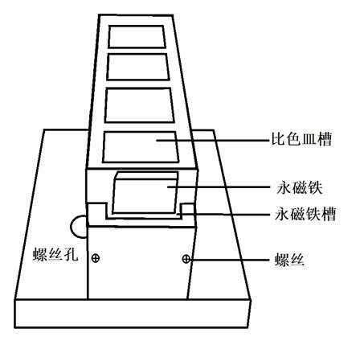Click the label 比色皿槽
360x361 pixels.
[x=302, y=139]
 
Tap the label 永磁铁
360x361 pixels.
[x=300, y=187]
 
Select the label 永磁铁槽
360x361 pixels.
[x=305, y=214]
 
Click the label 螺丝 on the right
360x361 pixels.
[x=290, y=260]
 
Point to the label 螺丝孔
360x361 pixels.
[x=55, y=254]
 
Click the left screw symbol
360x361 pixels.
[x=96, y=258]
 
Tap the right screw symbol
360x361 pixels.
[x=186, y=259]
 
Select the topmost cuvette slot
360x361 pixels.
[x=137, y=37]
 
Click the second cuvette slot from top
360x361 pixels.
[x=138, y=67]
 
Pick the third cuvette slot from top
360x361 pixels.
[x=139, y=105]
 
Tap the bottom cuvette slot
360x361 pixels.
[x=141, y=147]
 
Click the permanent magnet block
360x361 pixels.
[x=145, y=193]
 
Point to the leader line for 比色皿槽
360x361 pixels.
[x=213, y=140]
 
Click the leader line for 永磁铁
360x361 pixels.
[x=219, y=187]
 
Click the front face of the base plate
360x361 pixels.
[x=133, y=314]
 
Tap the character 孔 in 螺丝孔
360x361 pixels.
[x=71, y=254]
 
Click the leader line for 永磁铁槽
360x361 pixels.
[x=223, y=214]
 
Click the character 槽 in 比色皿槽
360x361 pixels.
[x=325, y=139]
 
